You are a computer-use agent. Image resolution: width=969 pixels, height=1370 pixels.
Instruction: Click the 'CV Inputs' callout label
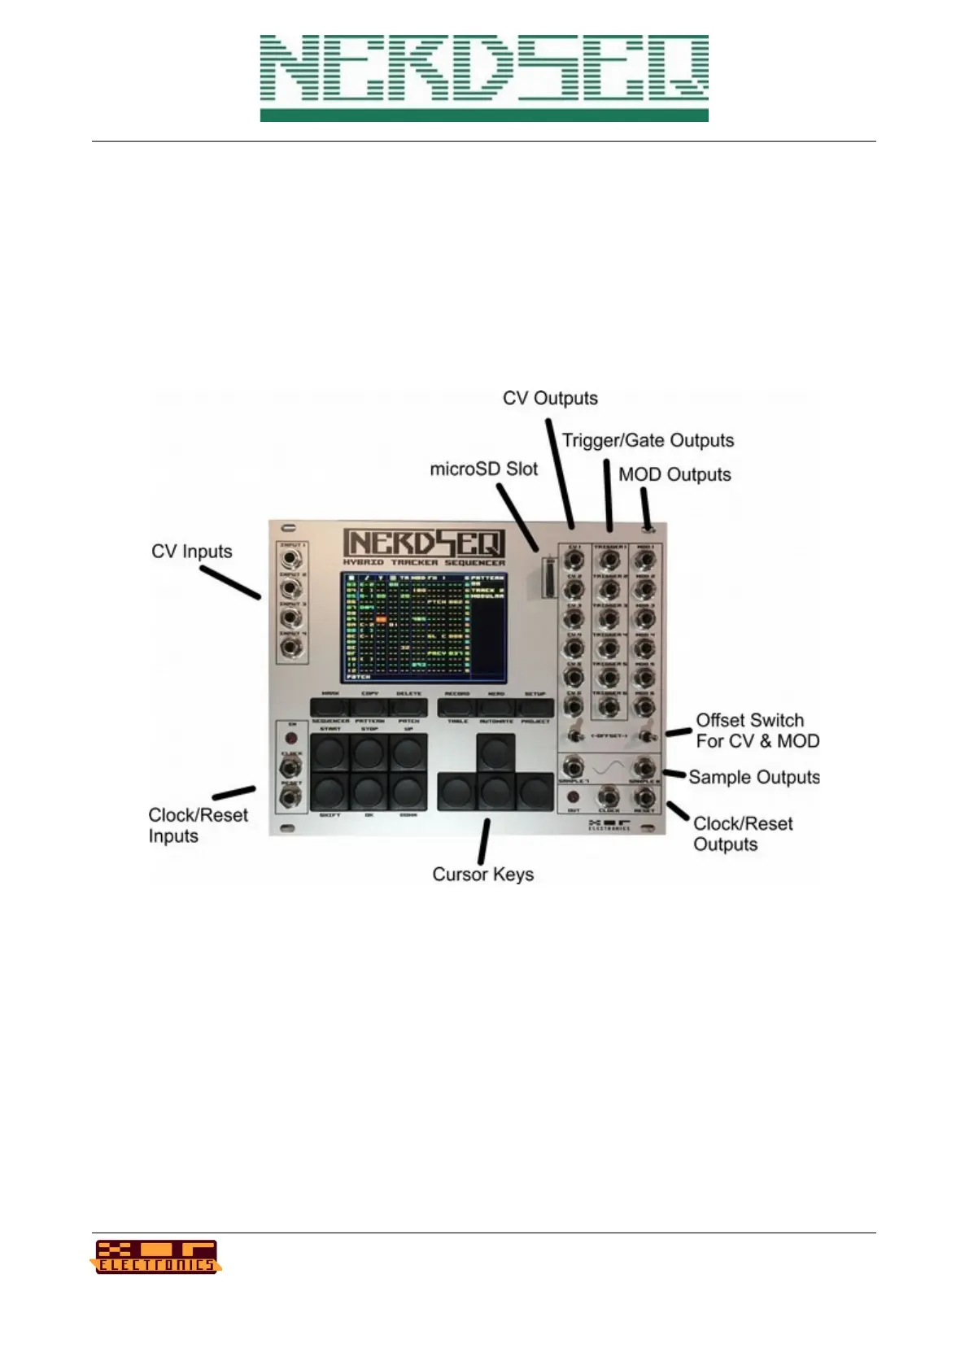(x=191, y=552)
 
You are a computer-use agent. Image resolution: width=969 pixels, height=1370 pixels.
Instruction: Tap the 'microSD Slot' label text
(x=483, y=469)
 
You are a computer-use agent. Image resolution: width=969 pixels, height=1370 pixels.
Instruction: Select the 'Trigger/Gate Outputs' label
(x=648, y=441)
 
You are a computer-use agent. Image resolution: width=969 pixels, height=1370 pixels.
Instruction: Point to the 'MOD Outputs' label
(x=674, y=475)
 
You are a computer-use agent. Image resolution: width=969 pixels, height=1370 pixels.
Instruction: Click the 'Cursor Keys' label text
(x=482, y=875)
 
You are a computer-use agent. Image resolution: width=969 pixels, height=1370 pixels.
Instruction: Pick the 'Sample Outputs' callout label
(x=753, y=778)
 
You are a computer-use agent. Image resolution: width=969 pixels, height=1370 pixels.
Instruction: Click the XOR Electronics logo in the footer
(x=155, y=1257)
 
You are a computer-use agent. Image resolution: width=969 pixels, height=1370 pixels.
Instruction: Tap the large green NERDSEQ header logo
(x=484, y=78)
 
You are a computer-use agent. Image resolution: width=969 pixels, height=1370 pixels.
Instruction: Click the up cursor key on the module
(x=495, y=752)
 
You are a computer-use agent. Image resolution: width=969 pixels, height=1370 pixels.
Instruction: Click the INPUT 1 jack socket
(x=290, y=560)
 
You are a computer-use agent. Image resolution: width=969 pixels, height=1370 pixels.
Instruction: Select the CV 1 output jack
(x=574, y=561)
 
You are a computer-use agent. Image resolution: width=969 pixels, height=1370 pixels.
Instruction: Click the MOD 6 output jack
(x=644, y=707)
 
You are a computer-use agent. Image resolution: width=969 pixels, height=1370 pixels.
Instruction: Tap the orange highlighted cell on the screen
(x=381, y=620)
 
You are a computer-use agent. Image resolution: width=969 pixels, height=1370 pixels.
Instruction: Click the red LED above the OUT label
(x=573, y=796)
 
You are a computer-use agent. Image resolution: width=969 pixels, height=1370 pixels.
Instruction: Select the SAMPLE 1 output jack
(x=574, y=766)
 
